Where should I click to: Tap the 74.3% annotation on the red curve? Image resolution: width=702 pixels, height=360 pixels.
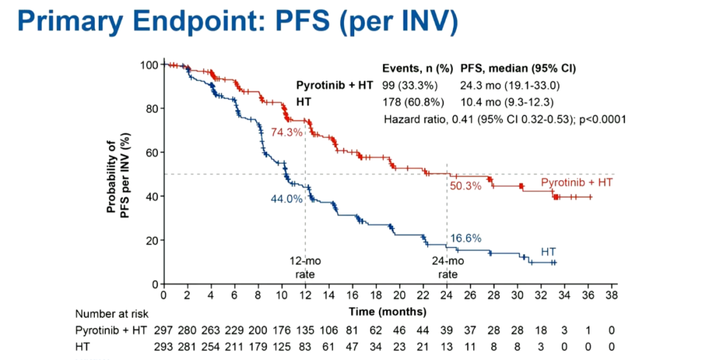pos(287,132)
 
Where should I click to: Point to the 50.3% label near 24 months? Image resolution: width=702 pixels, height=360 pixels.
pos(465,186)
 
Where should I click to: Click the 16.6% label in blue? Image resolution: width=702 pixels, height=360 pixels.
pos(465,238)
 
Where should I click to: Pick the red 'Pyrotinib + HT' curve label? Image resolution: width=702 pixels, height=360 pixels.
pos(577,183)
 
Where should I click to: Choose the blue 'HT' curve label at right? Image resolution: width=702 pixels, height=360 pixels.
pos(548,251)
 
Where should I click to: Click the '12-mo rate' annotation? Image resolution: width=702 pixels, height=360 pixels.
pos(305,267)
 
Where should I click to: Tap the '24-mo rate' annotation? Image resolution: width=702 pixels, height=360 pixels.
pos(447,267)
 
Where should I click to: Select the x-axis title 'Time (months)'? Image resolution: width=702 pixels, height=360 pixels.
pos(387,312)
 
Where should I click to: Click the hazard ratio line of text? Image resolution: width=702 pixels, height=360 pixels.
pos(504,119)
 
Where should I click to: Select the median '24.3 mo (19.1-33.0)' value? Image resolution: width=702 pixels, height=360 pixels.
pos(510,85)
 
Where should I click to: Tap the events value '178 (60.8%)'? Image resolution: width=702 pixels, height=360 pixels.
pos(413,102)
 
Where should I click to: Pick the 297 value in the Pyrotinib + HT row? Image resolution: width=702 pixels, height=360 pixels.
pos(164,331)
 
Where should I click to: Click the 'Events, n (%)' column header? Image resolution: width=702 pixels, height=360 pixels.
pos(418,68)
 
